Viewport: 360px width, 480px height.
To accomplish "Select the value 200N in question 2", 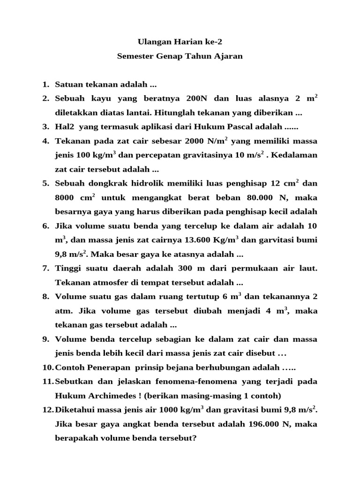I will coord(197,99).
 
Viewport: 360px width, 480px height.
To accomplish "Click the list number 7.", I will coord(45,269).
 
